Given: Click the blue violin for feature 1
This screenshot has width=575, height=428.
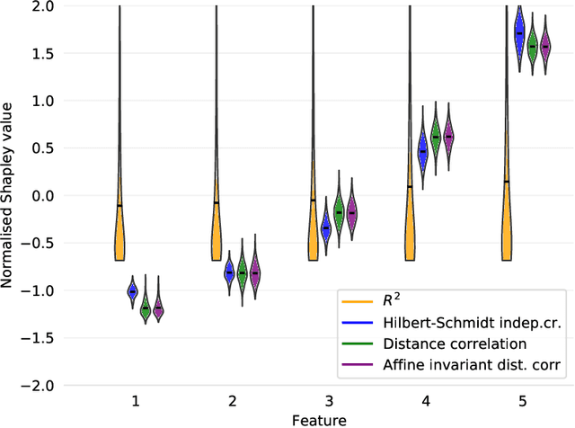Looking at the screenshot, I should (132, 291).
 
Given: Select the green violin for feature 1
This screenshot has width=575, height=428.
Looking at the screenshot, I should (146, 308).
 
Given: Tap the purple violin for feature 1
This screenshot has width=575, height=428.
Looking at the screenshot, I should (159, 308).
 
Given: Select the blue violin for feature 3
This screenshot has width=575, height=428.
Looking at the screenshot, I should (325, 229).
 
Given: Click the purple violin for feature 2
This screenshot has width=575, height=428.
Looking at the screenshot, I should (255, 272).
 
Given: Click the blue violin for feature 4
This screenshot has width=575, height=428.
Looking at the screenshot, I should (422, 151).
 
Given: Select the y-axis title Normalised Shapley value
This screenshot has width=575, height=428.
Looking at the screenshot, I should (8, 196).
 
